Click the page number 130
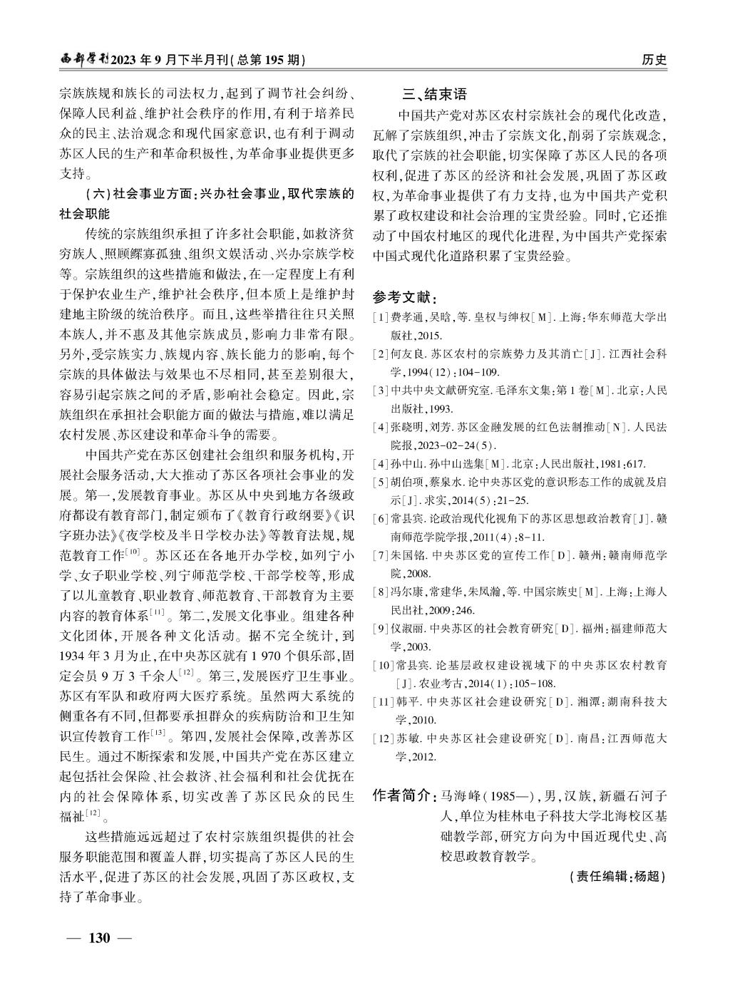point(99,937)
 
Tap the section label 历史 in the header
point(654,61)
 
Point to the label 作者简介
point(404,795)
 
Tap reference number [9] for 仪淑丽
point(381,628)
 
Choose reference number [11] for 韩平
point(384,702)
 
